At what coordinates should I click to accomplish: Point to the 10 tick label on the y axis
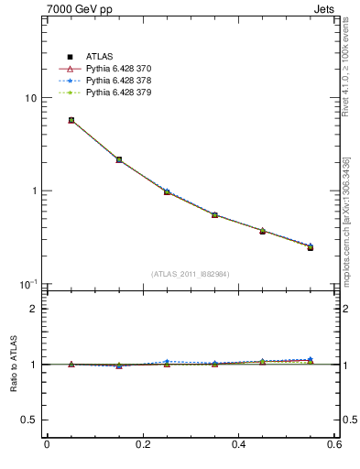click(x=30, y=98)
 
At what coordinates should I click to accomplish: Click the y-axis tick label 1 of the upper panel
click(x=33, y=191)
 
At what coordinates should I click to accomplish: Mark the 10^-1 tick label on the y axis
click(x=28, y=283)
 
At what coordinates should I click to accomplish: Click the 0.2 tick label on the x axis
click(x=143, y=445)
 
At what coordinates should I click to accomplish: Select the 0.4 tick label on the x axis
click(x=240, y=445)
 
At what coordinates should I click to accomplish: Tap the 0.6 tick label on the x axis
click(x=336, y=445)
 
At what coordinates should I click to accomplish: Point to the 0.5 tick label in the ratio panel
click(x=28, y=420)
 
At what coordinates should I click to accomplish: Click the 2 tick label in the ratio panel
click(x=33, y=309)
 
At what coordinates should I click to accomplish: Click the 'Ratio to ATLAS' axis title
click(x=12, y=364)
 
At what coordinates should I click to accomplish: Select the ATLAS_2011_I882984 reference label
click(x=191, y=274)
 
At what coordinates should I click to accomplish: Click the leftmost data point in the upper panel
click(x=71, y=120)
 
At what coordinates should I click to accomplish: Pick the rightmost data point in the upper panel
click(x=311, y=247)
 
